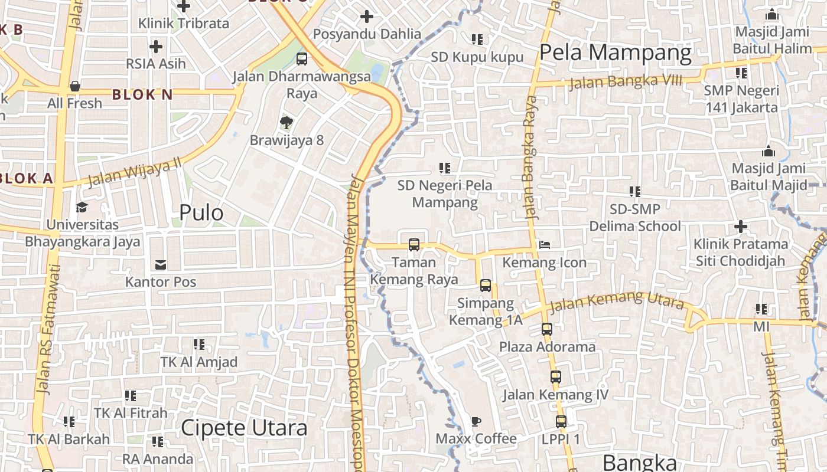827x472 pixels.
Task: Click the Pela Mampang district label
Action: (615, 53)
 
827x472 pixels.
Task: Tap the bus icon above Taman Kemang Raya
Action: (414, 245)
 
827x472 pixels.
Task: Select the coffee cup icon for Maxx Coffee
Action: (476, 421)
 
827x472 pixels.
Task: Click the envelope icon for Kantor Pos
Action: (160, 264)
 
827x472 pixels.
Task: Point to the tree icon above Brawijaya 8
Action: (286, 123)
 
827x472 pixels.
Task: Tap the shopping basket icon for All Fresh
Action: (75, 86)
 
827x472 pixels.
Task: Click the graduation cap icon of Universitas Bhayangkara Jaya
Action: (82, 207)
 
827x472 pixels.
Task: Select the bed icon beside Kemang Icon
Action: (544, 245)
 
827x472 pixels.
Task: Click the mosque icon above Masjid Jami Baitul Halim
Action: (771, 15)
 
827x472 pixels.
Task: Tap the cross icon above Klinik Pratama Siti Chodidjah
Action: (740, 227)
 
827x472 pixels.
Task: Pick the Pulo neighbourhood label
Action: (201, 213)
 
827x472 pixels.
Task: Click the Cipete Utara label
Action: (244, 428)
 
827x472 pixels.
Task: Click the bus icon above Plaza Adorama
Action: (547, 329)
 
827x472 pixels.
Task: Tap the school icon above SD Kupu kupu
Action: (477, 40)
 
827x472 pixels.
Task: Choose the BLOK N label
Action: (142, 94)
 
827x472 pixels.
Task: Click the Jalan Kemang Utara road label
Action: (616, 303)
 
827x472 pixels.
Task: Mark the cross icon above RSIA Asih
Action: (156, 46)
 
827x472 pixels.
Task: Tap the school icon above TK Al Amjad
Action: (199, 344)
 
